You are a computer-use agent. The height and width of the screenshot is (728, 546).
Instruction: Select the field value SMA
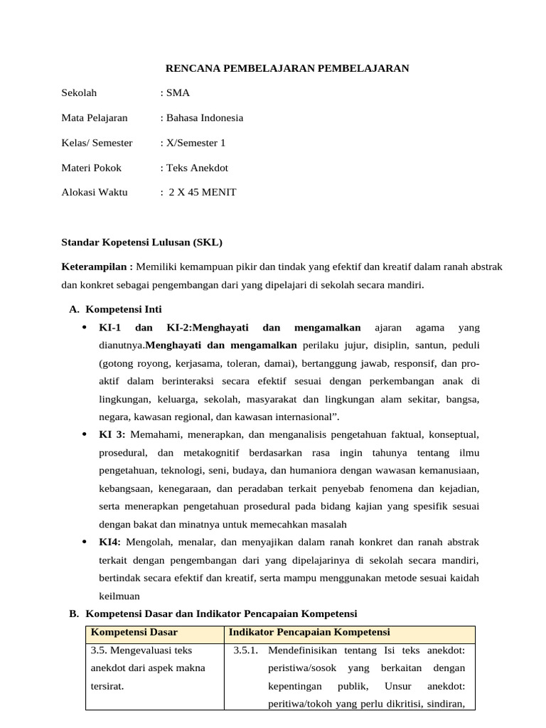click(178, 92)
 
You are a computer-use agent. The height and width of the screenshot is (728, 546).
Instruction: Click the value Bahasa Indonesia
click(204, 117)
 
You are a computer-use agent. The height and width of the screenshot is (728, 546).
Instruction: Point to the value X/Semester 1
click(196, 142)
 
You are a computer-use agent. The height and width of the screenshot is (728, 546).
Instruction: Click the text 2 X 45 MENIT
click(203, 192)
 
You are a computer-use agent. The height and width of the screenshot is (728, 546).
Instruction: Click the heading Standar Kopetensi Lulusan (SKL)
click(142, 242)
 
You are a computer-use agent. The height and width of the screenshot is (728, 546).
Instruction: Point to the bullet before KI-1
click(85, 328)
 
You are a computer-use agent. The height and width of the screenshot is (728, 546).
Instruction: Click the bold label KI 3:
click(112, 434)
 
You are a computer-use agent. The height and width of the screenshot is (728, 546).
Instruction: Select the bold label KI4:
click(109, 542)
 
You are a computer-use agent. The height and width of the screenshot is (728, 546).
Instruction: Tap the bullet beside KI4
click(85, 542)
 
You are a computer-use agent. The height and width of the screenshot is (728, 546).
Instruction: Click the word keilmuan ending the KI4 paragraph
click(119, 596)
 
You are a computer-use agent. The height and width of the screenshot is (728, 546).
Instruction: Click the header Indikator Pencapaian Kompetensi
click(309, 632)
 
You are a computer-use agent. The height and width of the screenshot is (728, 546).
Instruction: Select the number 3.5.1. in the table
click(247, 650)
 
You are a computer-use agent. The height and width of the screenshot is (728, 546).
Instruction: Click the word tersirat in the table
click(107, 687)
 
